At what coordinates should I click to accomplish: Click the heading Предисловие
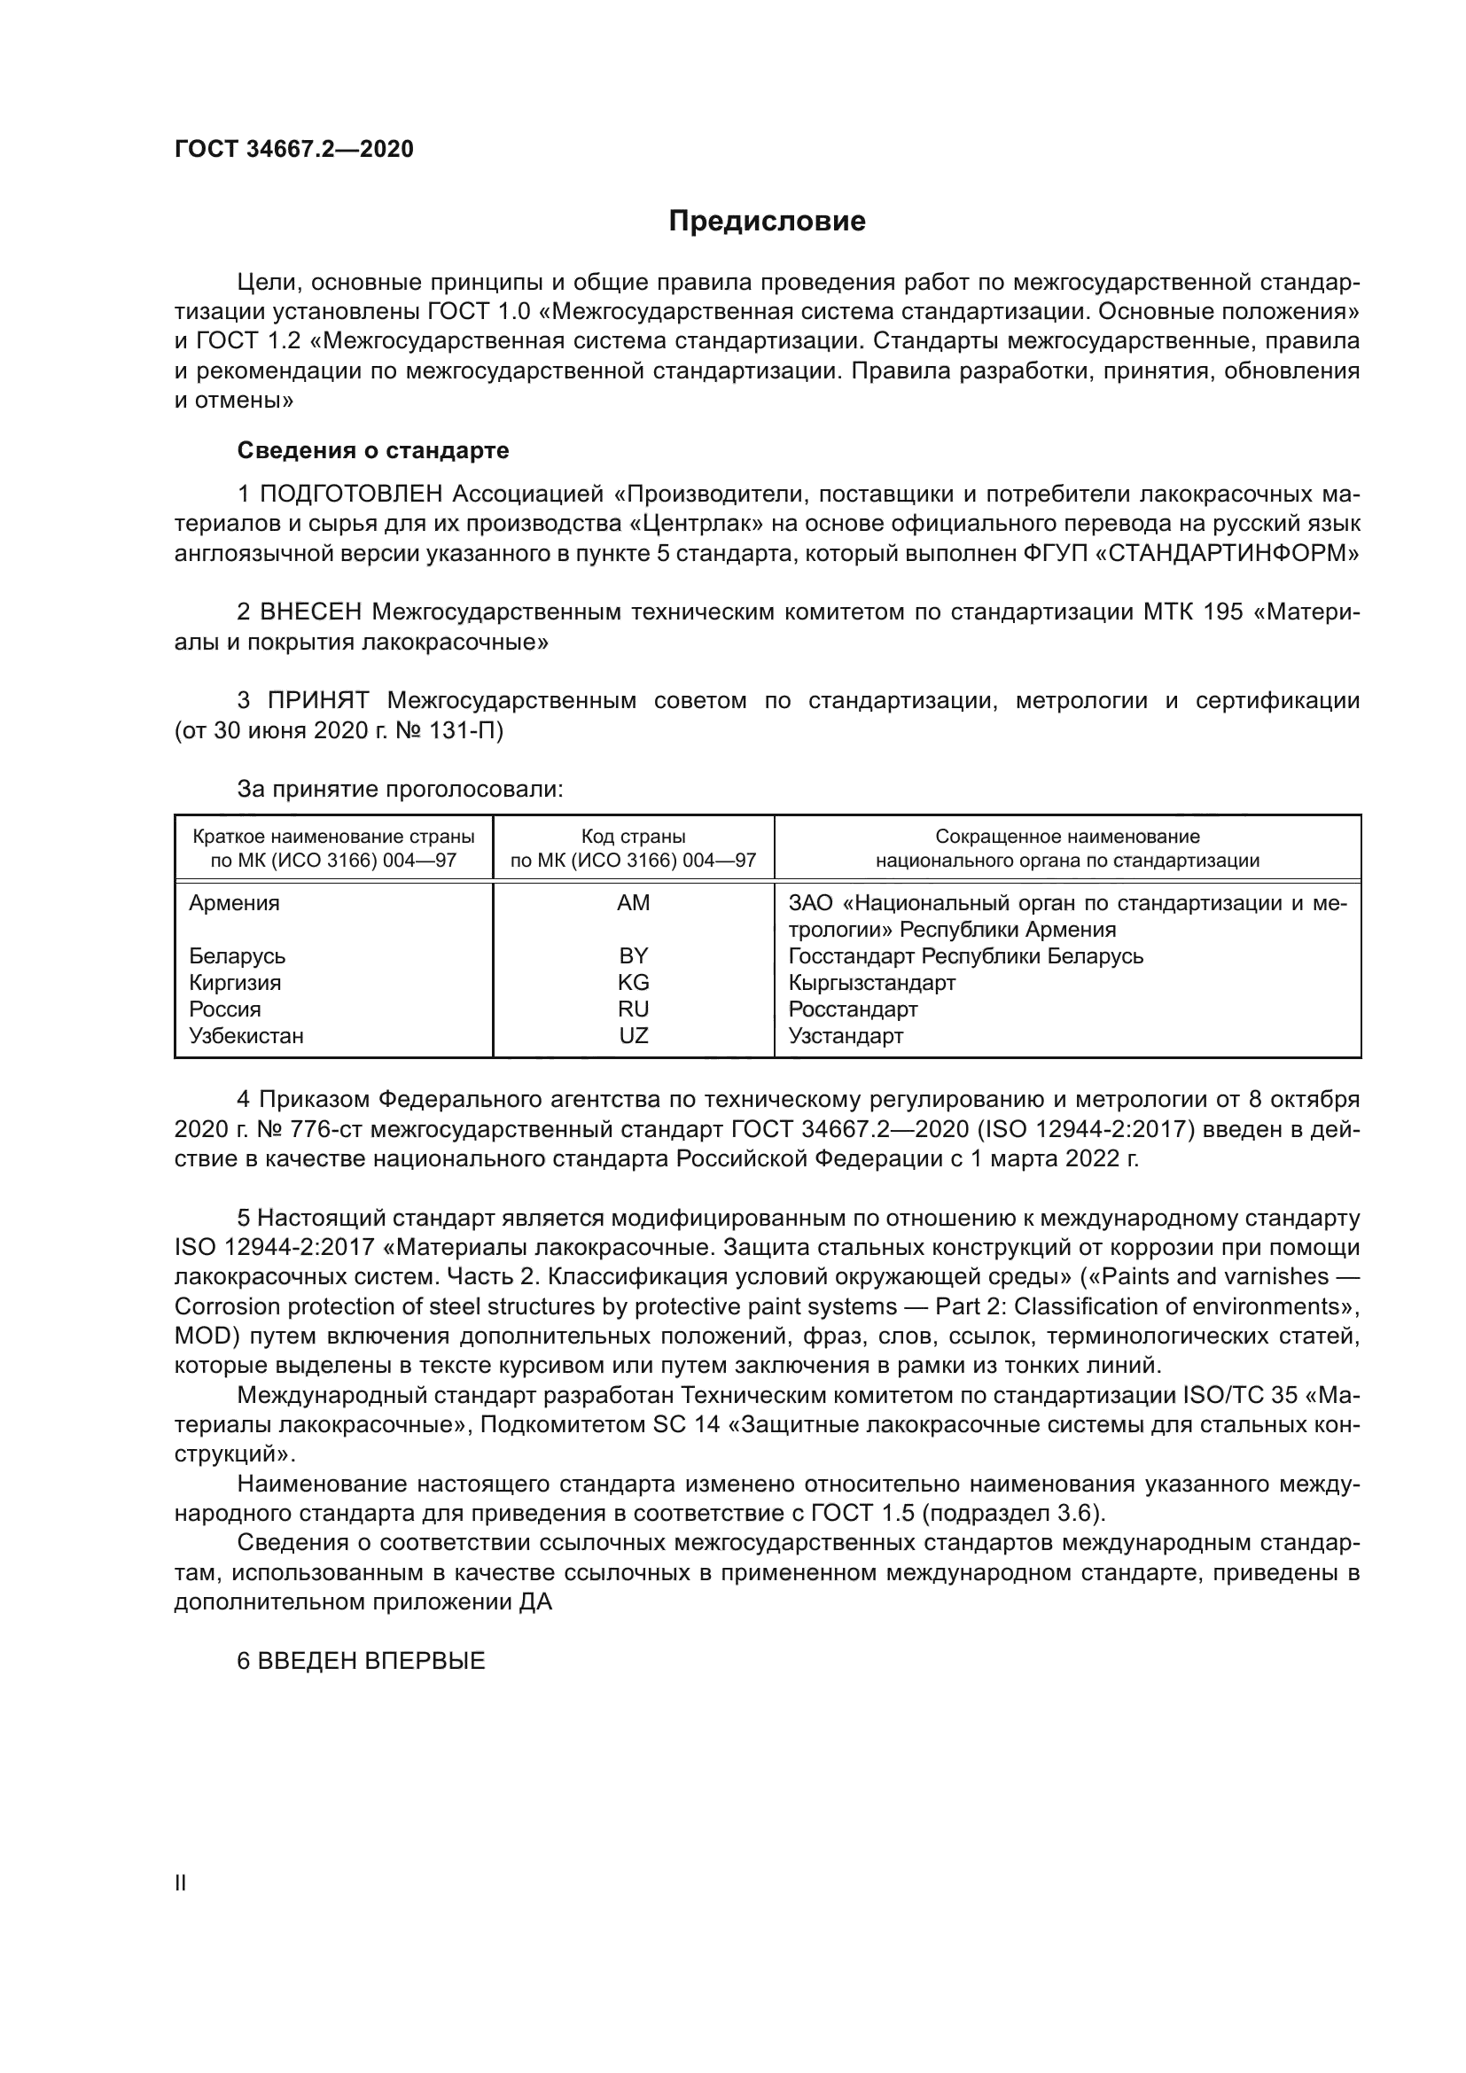(x=767, y=222)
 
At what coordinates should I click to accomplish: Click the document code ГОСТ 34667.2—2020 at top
(x=293, y=149)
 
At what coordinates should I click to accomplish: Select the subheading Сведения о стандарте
(x=373, y=449)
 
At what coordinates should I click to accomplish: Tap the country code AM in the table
(x=633, y=903)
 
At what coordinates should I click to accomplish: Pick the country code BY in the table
(x=633, y=955)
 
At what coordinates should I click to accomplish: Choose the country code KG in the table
(x=633, y=982)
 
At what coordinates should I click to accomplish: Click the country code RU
(x=633, y=1009)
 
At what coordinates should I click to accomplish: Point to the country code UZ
(x=633, y=1035)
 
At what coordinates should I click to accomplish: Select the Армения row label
(x=234, y=903)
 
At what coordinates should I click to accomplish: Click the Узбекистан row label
(x=246, y=1035)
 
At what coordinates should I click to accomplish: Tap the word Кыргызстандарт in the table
(x=871, y=982)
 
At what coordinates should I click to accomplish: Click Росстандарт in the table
(x=852, y=1009)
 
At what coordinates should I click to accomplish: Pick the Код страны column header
(x=633, y=836)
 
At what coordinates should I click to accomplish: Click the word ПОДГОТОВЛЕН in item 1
(x=350, y=494)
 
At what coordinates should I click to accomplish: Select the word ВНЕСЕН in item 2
(x=309, y=612)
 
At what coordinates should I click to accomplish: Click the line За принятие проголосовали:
(x=400, y=789)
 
